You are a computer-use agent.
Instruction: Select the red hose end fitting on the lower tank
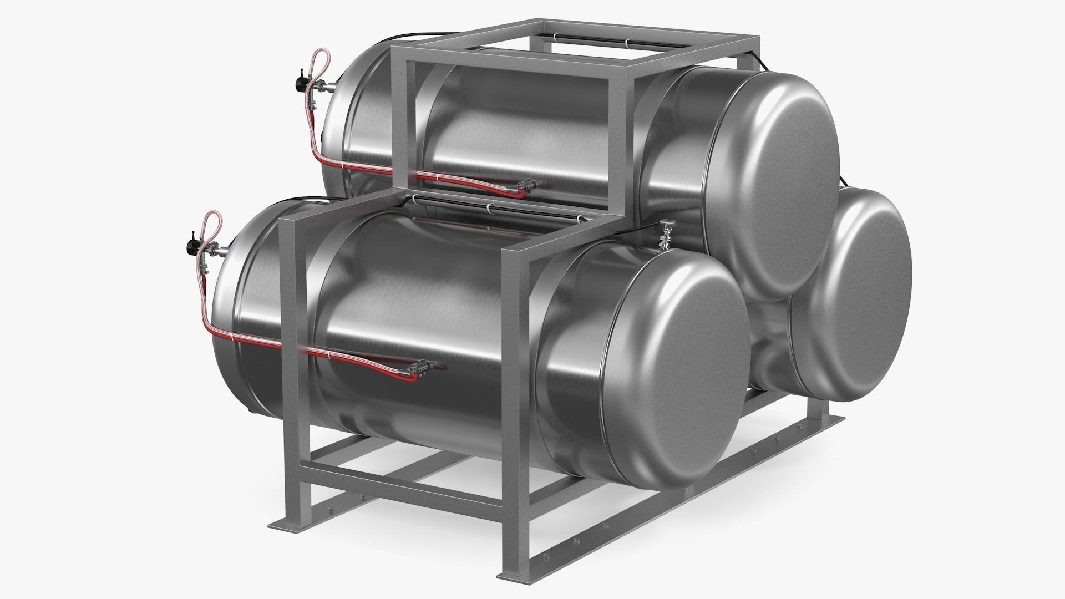417,370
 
